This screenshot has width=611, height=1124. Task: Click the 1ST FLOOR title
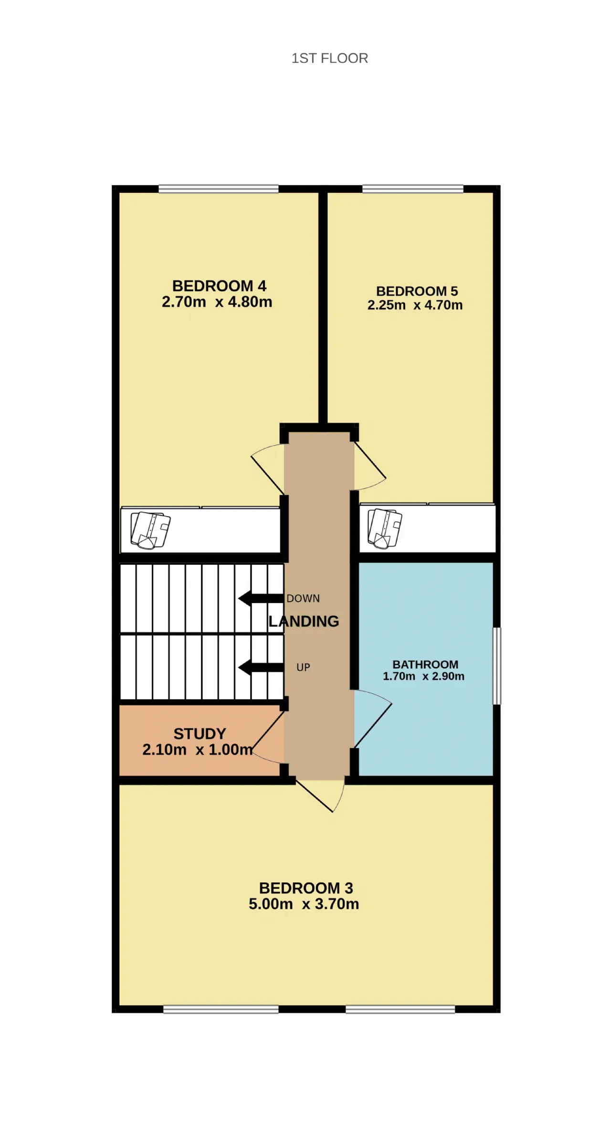[330, 58]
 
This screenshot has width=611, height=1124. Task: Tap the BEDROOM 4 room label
[219, 286]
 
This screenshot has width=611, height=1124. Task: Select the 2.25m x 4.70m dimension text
[415, 305]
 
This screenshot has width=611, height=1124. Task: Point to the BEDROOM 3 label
[306, 888]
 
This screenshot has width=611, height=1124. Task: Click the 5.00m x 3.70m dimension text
[304, 904]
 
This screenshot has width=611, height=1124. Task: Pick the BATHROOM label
[425, 664]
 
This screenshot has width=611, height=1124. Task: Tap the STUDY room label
[200, 733]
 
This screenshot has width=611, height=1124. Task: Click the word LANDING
[304, 621]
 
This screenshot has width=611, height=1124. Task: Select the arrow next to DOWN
[261, 598]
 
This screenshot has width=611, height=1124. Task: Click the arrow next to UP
[261, 667]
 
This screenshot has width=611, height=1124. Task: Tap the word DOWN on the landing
[303, 598]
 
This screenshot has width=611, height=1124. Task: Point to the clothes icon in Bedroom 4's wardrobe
[150, 530]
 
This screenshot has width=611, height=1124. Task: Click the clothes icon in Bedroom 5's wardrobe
[385, 529]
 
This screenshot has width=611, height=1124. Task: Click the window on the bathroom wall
[497, 666]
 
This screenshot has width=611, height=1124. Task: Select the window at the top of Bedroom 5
[413, 189]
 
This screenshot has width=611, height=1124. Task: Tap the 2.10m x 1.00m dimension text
[198, 750]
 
